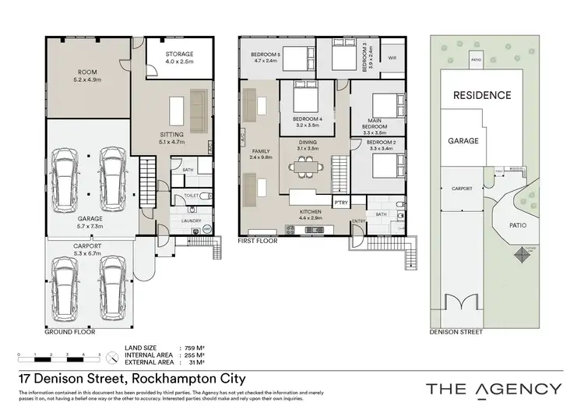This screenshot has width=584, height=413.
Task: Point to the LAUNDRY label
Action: coord(192,221)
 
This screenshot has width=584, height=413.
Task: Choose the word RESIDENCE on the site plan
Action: coord(483,95)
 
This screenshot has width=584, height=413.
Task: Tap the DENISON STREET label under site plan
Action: coord(456,331)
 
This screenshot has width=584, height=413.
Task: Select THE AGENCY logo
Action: coord(493,388)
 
